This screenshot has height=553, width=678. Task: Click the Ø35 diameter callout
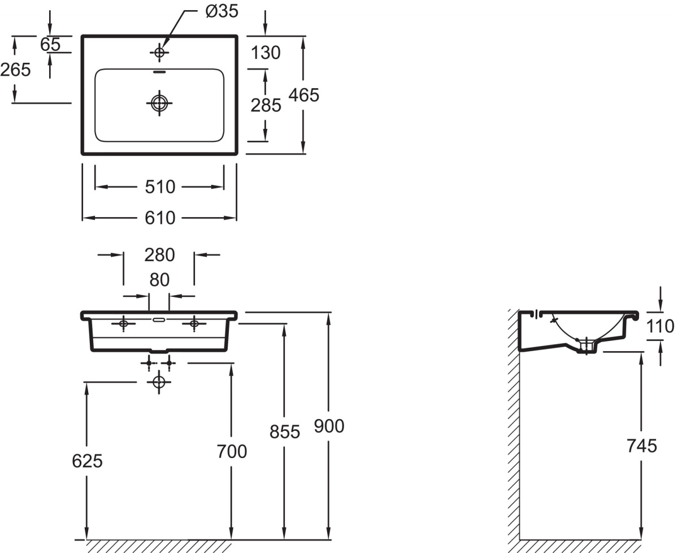(x=222, y=11)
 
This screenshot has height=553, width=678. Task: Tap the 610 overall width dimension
(x=160, y=218)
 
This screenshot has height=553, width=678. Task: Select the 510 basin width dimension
(x=160, y=187)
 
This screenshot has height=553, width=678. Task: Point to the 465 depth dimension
(x=303, y=95)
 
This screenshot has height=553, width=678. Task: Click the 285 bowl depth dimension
(x=266, y=105)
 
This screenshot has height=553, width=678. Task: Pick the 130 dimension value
(x=266, y=53)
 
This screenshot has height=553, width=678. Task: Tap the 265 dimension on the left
(x=15, y=70)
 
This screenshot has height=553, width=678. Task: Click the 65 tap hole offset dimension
(x=50, y=45)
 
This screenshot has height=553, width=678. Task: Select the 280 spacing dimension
(x=159, y=255)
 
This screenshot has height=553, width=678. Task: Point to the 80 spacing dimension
(x=159, y=280)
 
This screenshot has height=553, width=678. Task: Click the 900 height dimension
(x=329, y=426)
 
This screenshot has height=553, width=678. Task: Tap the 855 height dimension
(x=285, y=432)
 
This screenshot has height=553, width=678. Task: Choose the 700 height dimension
(x=232, y=452)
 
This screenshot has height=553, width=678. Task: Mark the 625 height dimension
(x=87, y=461)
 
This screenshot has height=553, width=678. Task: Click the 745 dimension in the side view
(x=642, y=446)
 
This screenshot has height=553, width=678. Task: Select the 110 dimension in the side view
(x=660, y=326)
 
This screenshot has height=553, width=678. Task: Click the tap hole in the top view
(x=159, y=53)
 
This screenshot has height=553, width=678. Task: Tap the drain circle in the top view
(x=159, y=103)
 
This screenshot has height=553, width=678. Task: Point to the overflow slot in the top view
(x=159, y=72)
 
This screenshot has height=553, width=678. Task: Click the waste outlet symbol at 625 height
(x=159, y=382)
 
